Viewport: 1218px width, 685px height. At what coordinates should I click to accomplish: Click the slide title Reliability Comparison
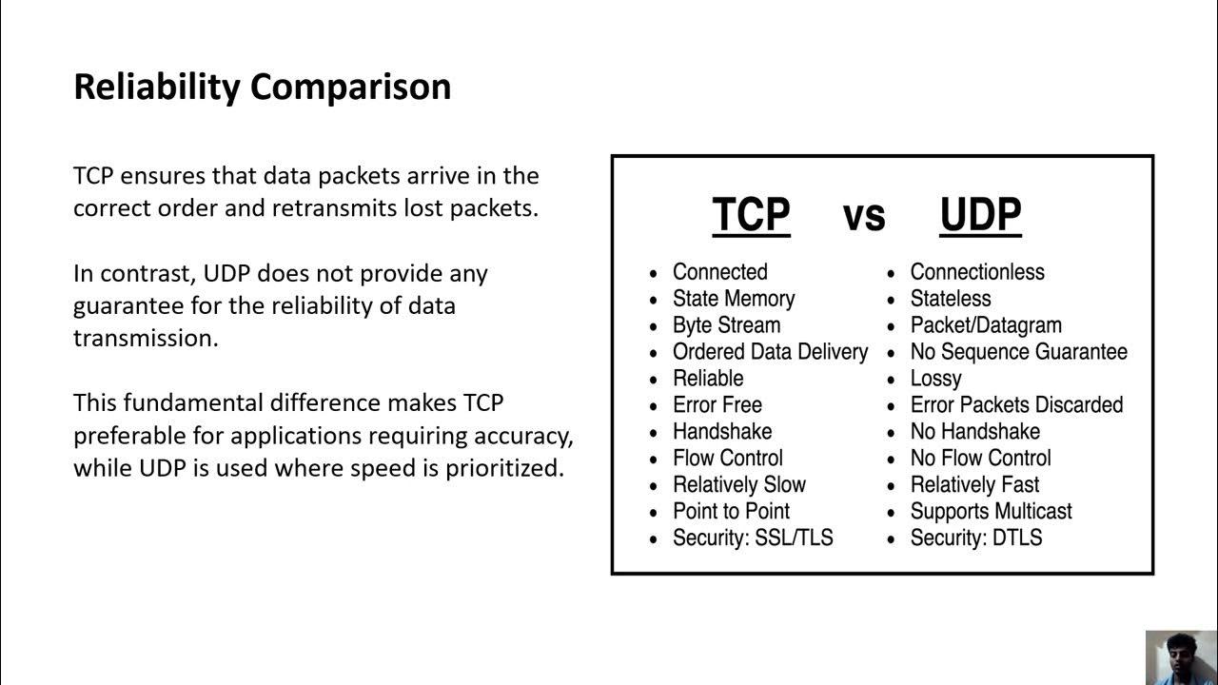(x=262, y=87)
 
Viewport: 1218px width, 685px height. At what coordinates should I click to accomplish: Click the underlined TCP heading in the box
(x=751, y=214)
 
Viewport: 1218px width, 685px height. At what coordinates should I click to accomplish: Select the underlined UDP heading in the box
(x=980, y=214)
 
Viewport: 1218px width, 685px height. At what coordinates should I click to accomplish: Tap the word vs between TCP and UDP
(x=864, y=215)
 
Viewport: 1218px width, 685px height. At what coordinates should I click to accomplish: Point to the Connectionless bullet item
(x=977, y=272)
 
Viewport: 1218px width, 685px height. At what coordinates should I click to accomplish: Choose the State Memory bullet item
(x=733, y=299)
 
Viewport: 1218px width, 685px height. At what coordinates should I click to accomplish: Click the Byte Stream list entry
(x=726, y=325)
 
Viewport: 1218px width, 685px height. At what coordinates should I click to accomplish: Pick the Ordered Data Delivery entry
(x=770, y=352)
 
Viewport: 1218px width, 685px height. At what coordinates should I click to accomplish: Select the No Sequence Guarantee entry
(x=1018, y=352)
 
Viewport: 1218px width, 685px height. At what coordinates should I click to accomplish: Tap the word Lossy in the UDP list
(x=936, y=379)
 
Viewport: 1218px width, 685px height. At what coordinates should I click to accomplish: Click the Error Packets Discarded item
(x=1016, y=405)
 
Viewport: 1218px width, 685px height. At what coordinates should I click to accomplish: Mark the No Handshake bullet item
(x=975, y=432)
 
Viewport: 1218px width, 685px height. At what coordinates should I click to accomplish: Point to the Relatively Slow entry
(x=738, y=485)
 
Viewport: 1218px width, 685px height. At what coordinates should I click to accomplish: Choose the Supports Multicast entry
(x=991, y=512)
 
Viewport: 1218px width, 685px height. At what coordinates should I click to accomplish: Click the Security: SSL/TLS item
(x=753, y=538)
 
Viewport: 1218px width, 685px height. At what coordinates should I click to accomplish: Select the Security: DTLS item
(x=976, y=538)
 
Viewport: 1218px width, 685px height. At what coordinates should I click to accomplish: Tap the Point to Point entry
(x=731, y=512)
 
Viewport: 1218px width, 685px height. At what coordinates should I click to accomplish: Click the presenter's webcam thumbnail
(x=1181, y=657)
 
